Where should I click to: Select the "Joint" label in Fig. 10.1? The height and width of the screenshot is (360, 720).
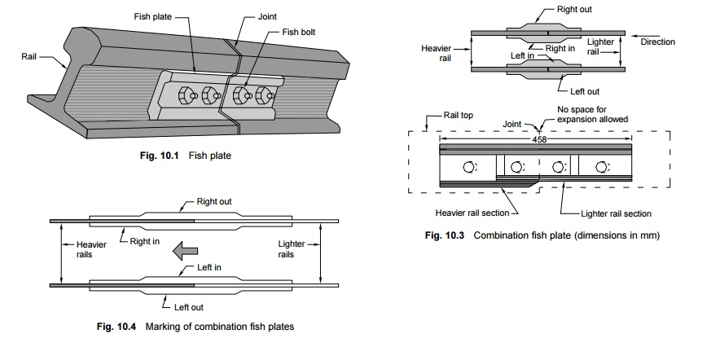[267, 15]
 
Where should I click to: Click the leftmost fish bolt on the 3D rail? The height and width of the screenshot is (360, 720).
[187, 94]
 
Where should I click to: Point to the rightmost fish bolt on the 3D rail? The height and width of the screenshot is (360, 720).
[264, 96]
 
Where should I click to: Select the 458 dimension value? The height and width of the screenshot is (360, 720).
[538, 139]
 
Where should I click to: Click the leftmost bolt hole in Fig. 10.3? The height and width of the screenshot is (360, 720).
[469, 167]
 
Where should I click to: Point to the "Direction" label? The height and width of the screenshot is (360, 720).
[657, 42]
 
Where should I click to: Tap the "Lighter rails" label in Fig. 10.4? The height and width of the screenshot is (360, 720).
[292, 249]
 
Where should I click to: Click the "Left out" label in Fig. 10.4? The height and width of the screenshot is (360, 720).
[188, 307]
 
